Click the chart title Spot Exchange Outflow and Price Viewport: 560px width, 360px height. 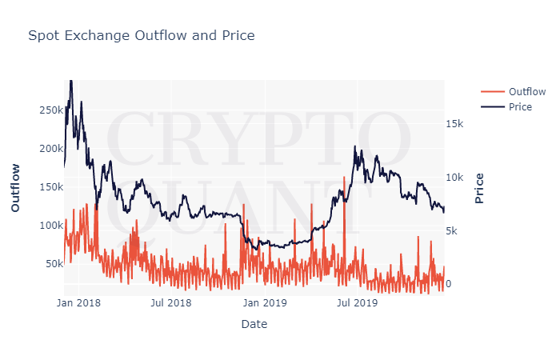point(141,35)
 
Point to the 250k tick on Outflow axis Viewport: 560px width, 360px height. point(46,110)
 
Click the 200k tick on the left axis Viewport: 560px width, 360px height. point(46,149)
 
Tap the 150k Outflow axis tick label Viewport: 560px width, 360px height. point(46,187)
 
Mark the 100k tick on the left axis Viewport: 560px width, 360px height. point(46,226)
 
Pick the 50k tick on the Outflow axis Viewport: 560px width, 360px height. point(50,264)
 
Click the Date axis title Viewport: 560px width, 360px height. point(254,324)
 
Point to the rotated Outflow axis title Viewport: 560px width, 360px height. point(15,187)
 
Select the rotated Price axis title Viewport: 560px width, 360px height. point(479,187)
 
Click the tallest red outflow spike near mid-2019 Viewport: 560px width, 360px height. point(344,178)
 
